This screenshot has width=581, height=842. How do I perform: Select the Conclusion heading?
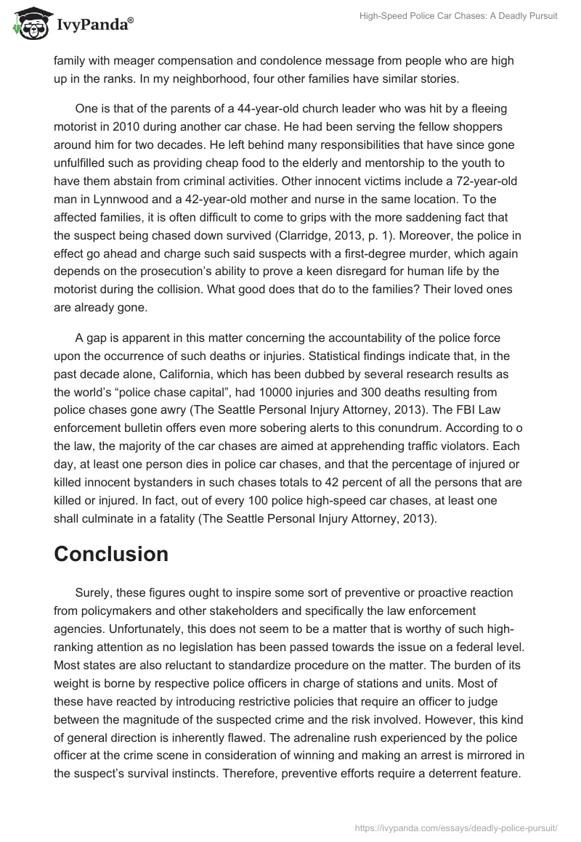pos(111,554)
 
